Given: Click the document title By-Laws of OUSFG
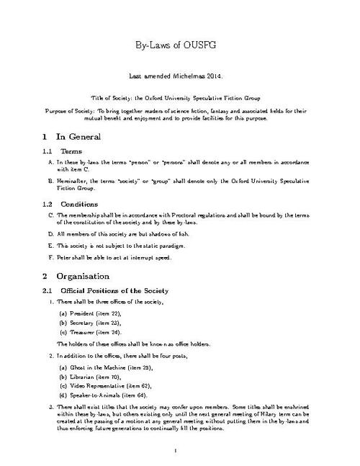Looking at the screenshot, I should point(180,45).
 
